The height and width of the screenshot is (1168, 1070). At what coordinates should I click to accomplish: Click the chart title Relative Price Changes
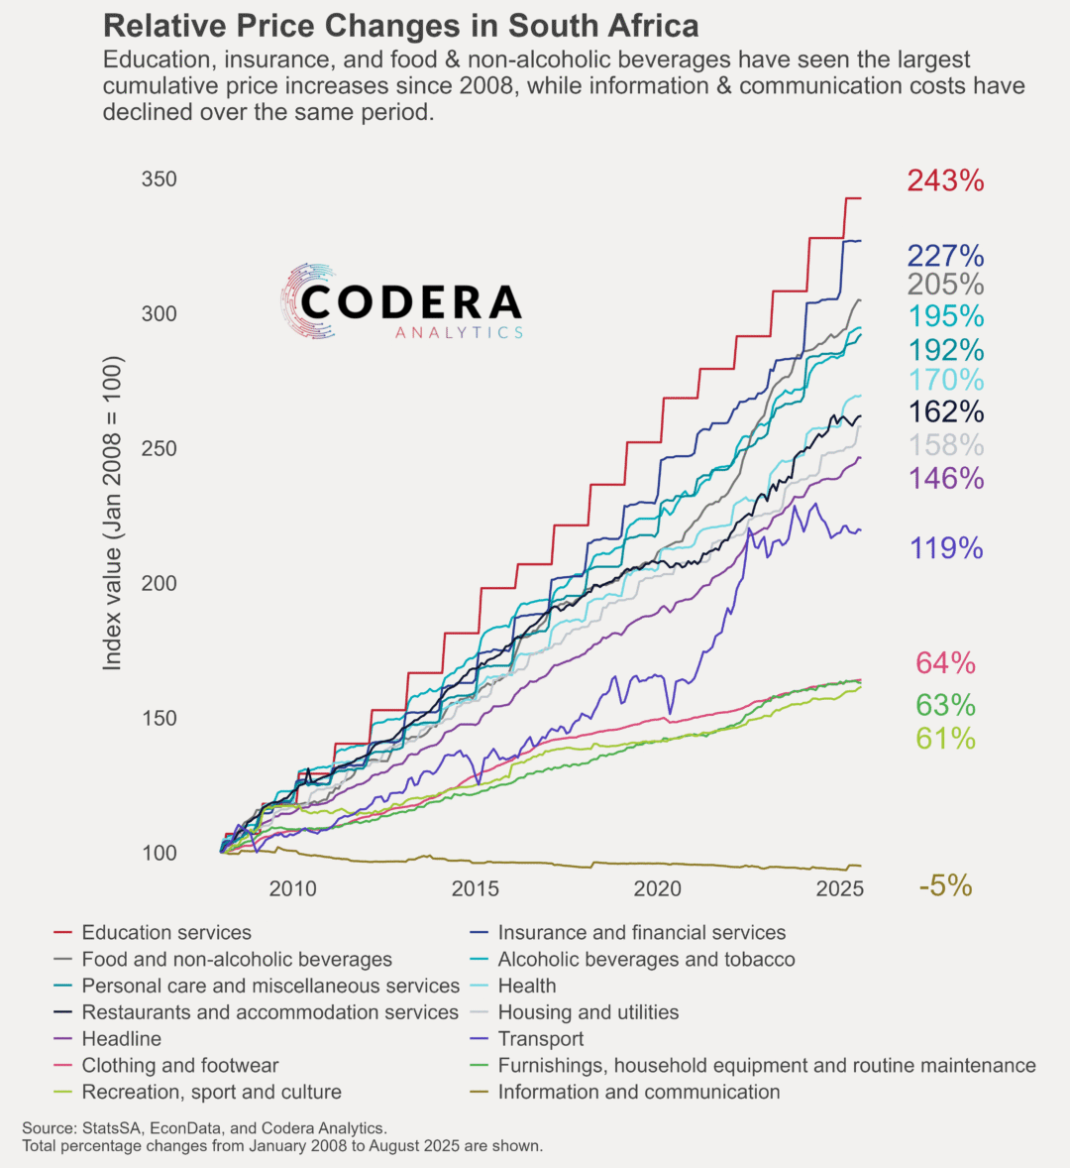pyautogui.click(x=400, y=26)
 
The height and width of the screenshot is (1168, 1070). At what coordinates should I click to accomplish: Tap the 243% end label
pyautogui.click(x=945, y=180)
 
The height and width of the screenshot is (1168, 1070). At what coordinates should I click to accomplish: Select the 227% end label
pyautogui.click(x=945, y=256)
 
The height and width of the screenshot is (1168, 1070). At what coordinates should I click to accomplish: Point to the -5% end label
pyautogui.click(x=945, y=886)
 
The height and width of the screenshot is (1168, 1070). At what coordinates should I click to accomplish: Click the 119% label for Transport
pyautogui.click(x=946, y=548)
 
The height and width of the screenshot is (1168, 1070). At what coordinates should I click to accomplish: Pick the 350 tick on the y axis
pyautogui.click(x=160, y=179)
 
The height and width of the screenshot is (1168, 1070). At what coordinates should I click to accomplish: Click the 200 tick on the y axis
pyautogui.click(x=160, y=583)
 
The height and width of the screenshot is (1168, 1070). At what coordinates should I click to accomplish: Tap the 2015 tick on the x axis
pyautogui.click(x=476, y=888)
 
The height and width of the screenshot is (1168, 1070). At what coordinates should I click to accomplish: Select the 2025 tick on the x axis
pyautogui.click(x=840, y=888)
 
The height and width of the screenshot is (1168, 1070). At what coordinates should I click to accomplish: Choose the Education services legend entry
pyautogui.click(x=166, y=933)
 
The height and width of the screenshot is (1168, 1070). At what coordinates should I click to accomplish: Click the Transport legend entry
pyautogui.click(x=540, y=1039)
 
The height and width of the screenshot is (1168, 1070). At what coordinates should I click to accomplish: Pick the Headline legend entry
pyautogui.click(x=121, y=1039)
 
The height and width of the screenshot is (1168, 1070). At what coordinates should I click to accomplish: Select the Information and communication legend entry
pyautogui.click(x=638, y=1093)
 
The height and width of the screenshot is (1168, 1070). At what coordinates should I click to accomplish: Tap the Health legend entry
pyautogui.click(x=526, y=987)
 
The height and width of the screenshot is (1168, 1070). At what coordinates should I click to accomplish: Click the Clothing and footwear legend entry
pyautogui.click(x=179, y=1066)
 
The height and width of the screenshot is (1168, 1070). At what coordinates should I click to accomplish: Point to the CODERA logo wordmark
pyautogui.click(x=410, y=302)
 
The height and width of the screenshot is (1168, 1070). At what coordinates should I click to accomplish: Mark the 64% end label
pyautogui.click(x=945, y=663)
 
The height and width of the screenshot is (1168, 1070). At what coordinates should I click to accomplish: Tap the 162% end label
pyautogui.click(x=945, y=411)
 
